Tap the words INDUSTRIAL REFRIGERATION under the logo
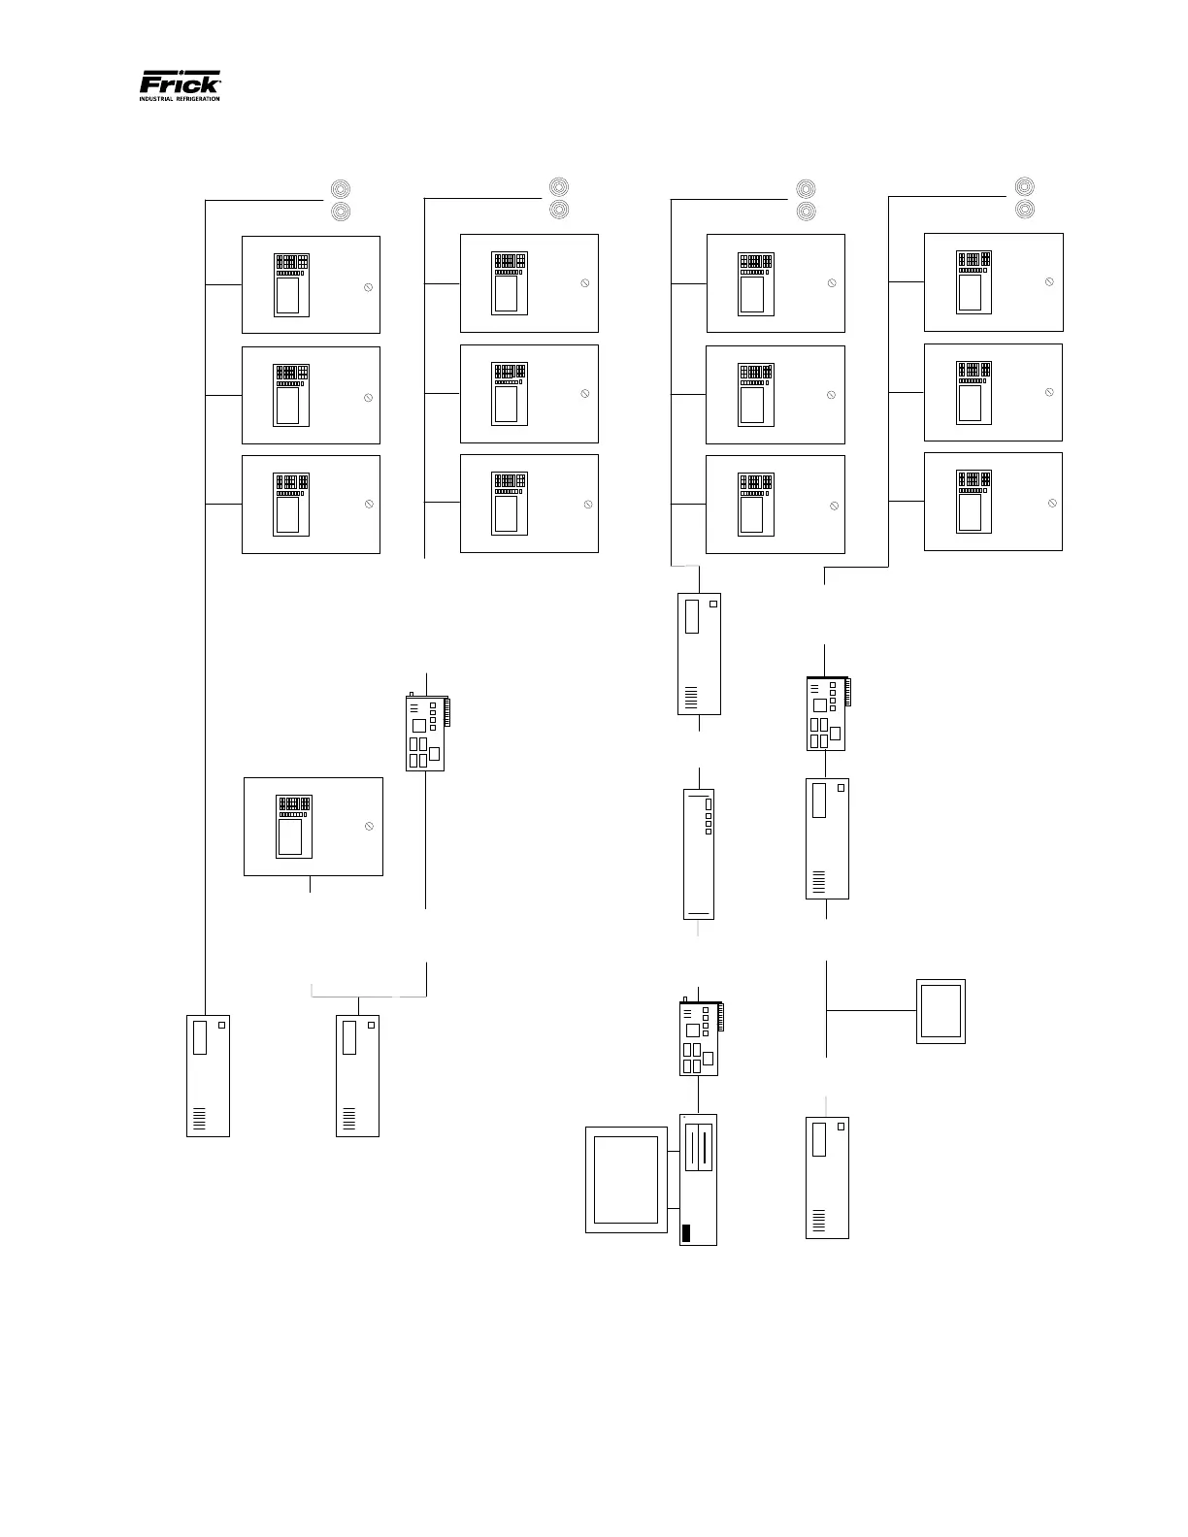click(x=181, y=99)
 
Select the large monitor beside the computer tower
click(x=627, y=1179)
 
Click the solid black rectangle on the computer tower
click(x=686, y=1233)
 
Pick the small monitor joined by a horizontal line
click(x=940, y=1012)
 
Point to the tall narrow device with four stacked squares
click(x=699, y=854)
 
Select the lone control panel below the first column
click(x=313, y=826)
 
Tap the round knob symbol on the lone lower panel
click(x=369, y=826)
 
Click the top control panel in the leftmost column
click(x=311, y=284)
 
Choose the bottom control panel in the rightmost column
click(x=993, y=501)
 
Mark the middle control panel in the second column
click(x=529, y=393)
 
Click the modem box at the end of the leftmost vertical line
click(x=208, y=1075)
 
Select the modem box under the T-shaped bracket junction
click(x=357, y=1075)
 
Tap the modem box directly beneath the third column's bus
click(x=699, y=653)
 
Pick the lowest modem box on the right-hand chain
click(x=827, y=1177)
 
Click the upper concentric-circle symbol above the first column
click(x=341, y=188)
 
